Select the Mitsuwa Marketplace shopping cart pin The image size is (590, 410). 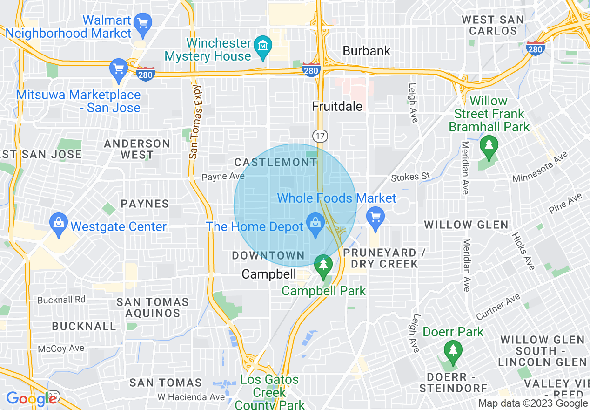pyautogui.click(x=118, y=68)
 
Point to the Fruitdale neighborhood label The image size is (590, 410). pyautogui.click(x=337, y=107)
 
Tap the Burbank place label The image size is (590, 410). pyautogui.click(x=367, y=51)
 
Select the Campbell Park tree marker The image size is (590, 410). pyautogui.click(x=322, y=264)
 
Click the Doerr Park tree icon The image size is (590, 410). pyautogui.click(x=452, y=349)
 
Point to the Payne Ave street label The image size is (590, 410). pyautogui.click(x=223, y=177)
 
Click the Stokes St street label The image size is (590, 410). pyautogui.click(x=411, y=177)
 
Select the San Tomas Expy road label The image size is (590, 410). pyautogui.click(x=195, y=121)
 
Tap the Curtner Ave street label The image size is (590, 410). pyautogui.click(x=498, y=308)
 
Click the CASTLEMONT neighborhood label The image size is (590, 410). pyautogui.click(x=275, y=163)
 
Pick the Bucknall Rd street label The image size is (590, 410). pyautogui.click(x=61, y=300)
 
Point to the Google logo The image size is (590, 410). pyautogui.click(x=31, y=399)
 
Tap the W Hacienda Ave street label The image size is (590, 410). pyautogui.click(x=191, y=397)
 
